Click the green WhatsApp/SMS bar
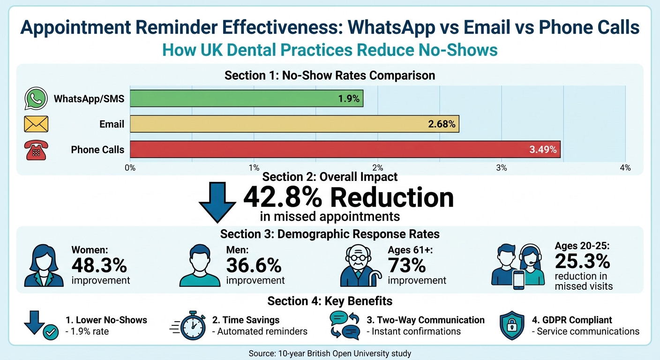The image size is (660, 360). coord(247,98)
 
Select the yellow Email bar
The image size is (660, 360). coord(294,124)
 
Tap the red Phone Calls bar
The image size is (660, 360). coord(345,150)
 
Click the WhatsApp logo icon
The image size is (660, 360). coord(36,99)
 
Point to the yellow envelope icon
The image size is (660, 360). coord(36,124)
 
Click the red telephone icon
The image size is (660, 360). coord(36,150)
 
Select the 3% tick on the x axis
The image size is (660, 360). coord(502,168)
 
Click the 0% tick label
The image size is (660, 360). coord(130,168)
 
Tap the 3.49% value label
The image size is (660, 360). coord(543,150)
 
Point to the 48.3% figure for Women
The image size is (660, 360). coord(99,265)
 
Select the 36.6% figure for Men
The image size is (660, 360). coord(254,265)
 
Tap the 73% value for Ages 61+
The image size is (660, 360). coord(406,265)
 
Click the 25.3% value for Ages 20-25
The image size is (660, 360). coord(582,261)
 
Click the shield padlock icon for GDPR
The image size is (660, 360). coord(512,325)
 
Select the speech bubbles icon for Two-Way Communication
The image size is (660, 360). coord(345,325)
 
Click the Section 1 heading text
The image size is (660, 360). coord(330,75)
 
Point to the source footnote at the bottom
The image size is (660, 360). coord(330,353)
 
